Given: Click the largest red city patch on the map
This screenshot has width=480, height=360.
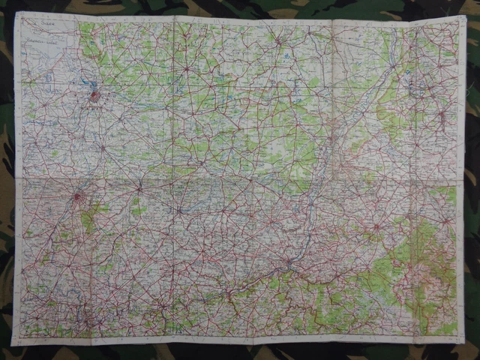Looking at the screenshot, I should tap(94, 95).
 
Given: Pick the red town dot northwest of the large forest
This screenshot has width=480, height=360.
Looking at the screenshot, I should tap(376, 226).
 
